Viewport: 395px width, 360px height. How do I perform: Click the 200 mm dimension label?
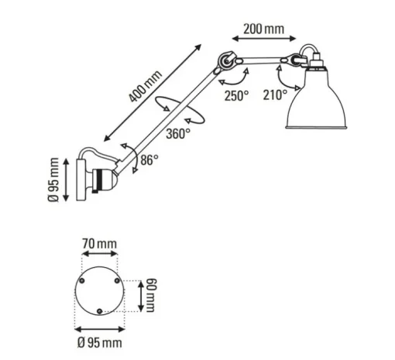tap(264, 29)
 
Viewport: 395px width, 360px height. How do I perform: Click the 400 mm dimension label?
tap(146, 86)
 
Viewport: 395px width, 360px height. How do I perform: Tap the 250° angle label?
tap(236, 95)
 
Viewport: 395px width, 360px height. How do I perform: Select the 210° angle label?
tap(275, 94)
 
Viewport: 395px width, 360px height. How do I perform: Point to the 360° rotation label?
tap(178, 133)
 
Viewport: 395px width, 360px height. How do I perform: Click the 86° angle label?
tap(149, 159)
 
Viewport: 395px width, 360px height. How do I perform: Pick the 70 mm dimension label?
tap(100, 244)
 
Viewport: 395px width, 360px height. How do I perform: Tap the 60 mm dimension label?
tap(151, 295)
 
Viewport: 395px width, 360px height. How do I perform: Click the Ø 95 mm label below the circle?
tap(100, 343)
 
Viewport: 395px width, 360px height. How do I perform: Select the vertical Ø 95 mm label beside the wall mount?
tap(54, 180)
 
